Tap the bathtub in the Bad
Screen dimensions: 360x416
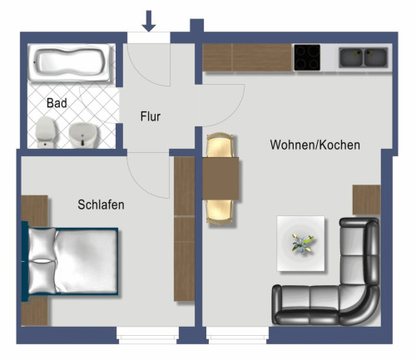pos(69,64)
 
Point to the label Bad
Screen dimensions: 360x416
pos(57,104)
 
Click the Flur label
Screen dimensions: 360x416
pos(150,117)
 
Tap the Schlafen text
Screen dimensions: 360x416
pos(101,205)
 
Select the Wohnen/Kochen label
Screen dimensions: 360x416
pos(314,145)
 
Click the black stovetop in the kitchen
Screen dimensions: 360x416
pos(308,57)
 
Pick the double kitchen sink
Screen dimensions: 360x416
pos(363,57)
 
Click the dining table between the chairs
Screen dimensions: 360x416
pos(221,178)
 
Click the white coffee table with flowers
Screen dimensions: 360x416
pos(300,243)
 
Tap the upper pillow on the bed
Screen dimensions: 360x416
pos(42,245)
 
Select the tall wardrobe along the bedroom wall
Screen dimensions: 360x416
pos(184,229)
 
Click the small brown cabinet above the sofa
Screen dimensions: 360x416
pos(366,200)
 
